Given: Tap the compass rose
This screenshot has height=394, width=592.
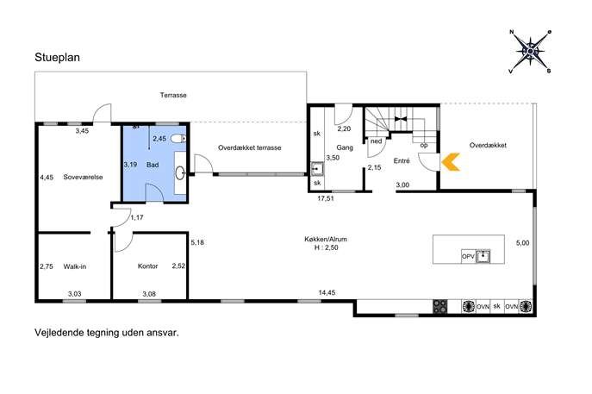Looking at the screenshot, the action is [530, 52].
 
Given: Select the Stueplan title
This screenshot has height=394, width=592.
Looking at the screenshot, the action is [58, 58].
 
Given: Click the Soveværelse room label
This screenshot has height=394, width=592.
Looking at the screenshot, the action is [83, 177].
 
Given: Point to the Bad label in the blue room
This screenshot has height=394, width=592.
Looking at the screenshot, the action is [153, 165].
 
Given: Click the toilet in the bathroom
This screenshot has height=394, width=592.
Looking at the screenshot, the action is [178, 139].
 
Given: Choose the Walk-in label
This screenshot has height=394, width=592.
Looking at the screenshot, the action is [75, 266].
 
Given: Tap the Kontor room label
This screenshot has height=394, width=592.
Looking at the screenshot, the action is [147, 266].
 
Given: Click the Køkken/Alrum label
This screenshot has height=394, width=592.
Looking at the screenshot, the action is [326, 239].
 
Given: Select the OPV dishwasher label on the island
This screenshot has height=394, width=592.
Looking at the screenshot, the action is [468, 256].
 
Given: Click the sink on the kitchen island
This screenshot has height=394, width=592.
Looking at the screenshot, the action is [483, 256].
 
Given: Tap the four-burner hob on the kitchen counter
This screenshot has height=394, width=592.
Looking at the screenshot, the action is [439, 306].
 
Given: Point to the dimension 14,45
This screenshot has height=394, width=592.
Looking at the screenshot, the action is [327, 292].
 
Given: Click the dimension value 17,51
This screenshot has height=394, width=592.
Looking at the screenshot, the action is [326, 198].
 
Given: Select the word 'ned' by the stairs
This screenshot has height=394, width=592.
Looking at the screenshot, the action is [376, 141].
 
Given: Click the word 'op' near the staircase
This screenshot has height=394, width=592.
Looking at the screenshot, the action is [424, 145].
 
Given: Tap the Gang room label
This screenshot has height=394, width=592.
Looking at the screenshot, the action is [345, 147].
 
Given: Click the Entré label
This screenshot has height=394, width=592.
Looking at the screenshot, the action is [402, 160].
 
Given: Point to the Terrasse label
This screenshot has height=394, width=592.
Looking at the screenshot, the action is [173, 95].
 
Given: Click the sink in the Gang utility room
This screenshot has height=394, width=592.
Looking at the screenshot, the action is [317, 169].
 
